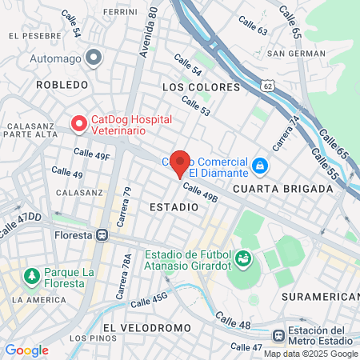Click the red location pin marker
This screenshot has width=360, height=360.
tap(180, 162)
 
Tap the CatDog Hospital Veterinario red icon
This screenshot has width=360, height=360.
tap(79, 124)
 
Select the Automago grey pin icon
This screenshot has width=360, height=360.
tap(94, 58)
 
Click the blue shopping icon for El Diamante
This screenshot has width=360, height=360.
tap(259, 166)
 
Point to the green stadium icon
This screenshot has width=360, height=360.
tap(243, 259)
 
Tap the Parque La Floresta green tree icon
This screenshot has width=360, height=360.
tap(32, 277)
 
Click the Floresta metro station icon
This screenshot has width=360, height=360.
tap(102, 235)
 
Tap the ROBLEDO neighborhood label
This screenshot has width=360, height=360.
tap(61, 84)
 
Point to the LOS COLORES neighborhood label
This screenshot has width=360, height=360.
tap(201, 86)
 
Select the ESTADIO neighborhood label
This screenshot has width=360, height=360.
tap(174, 206)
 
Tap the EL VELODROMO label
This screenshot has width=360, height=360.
tap(147, 328)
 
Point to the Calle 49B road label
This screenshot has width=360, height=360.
tap(199, 193)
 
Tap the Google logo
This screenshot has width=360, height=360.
tap(26, 350)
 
